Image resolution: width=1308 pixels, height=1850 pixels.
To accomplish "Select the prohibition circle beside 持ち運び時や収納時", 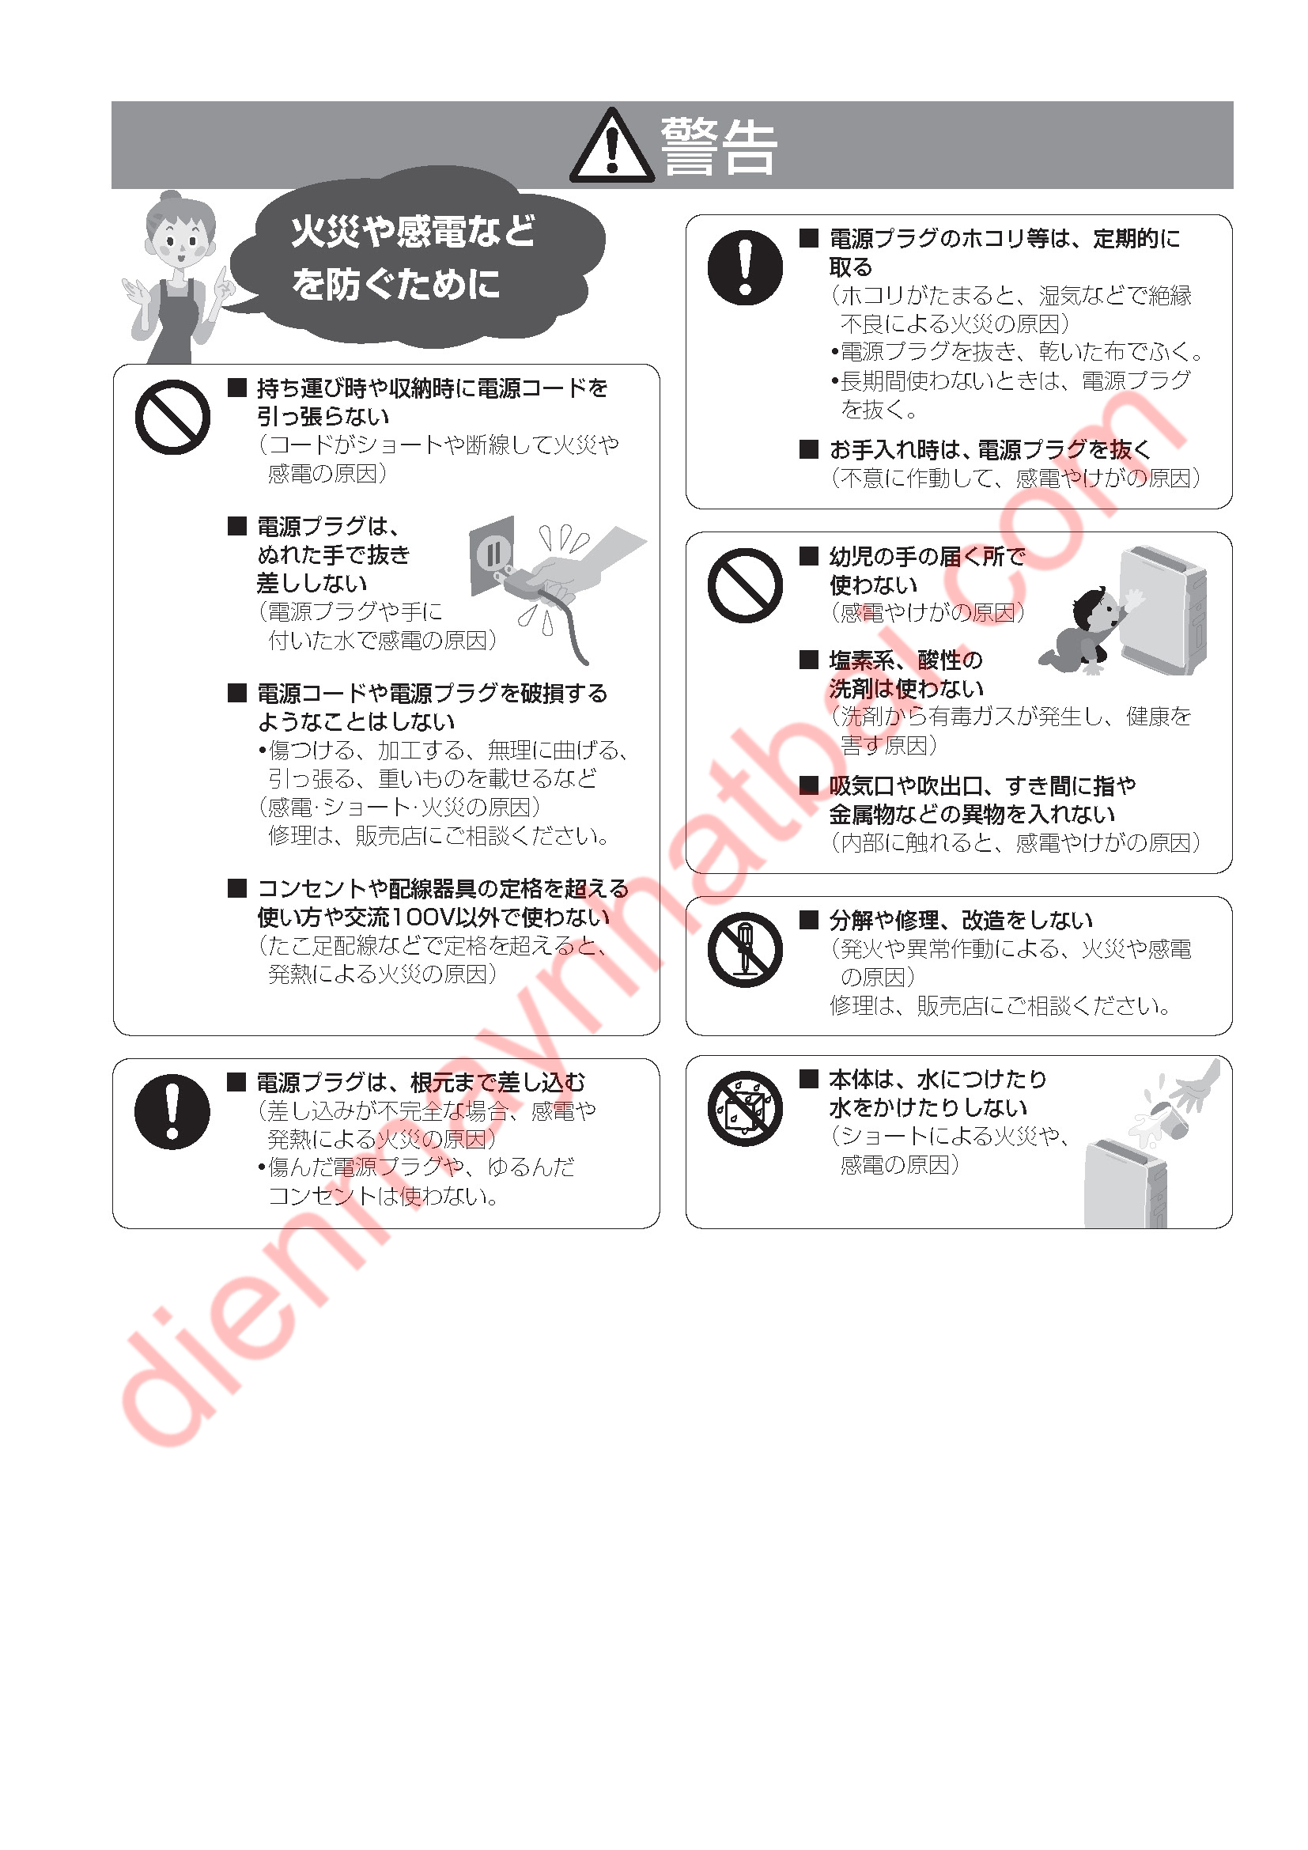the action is tap(172, 418).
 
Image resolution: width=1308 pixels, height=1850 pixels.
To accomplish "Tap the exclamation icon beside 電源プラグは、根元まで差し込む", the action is tap(172, 1111).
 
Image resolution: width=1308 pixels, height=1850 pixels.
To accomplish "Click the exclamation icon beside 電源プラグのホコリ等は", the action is tap(745, 267).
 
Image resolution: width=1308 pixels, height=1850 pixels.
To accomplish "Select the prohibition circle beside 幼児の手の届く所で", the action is tap(745, 585).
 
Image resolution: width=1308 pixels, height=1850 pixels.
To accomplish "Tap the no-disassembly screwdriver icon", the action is tap(745, 950).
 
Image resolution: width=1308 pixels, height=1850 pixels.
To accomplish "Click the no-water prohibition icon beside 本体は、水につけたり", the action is tap(745, 1108).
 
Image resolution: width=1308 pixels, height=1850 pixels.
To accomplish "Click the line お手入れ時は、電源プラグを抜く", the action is tap(990, 449).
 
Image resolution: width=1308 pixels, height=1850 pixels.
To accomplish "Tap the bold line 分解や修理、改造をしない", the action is tap(961, 920).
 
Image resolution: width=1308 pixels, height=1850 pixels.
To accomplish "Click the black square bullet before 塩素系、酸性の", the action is tap(809, 660).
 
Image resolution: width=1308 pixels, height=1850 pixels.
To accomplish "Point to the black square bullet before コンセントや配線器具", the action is tap(236, 888).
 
